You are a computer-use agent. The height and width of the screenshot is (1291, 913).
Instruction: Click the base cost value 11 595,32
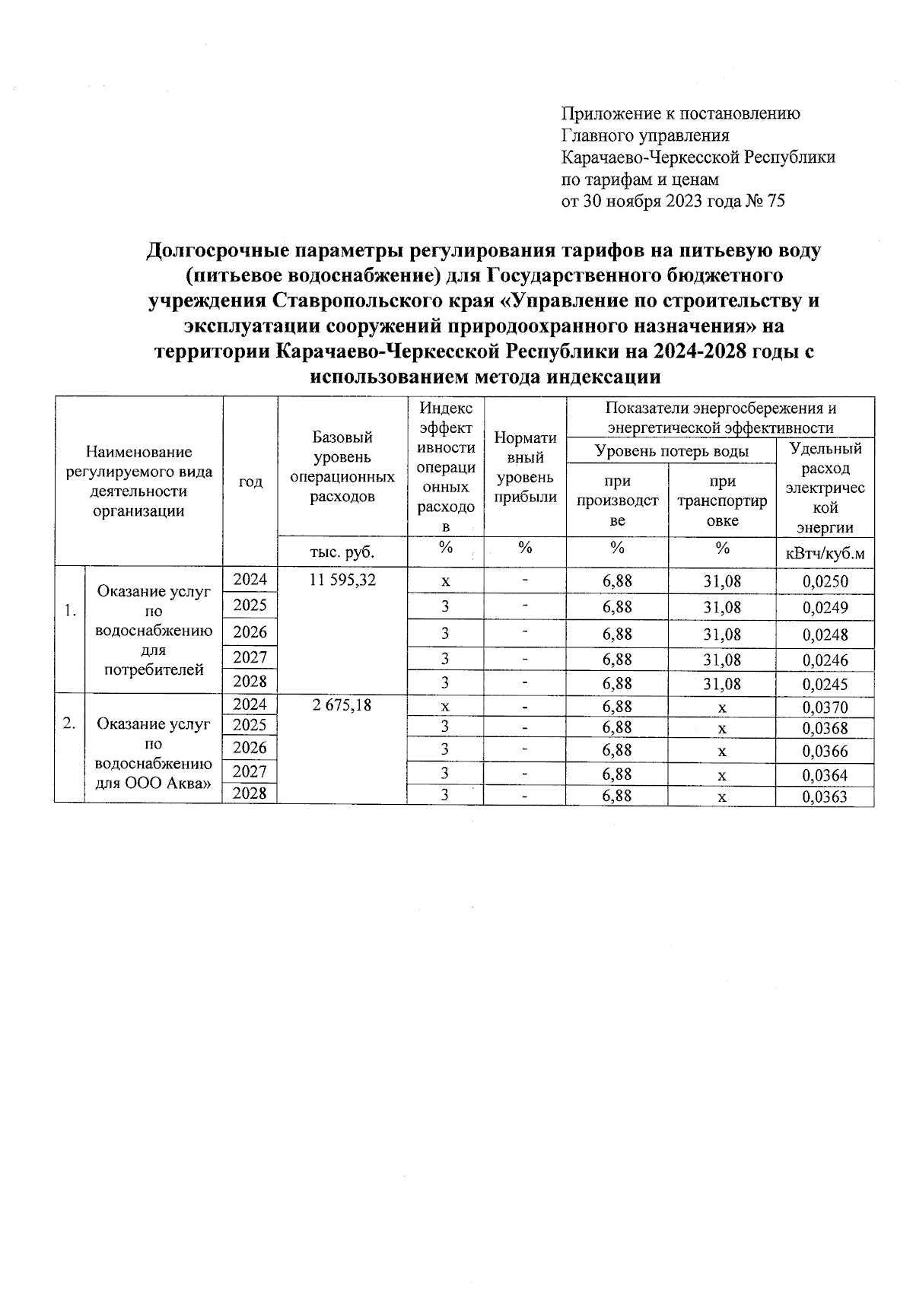(x=342, y=580)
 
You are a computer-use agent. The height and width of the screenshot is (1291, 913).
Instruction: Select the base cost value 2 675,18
(x=342, y=705)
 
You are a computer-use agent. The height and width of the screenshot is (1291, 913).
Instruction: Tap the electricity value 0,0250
(x=825, y=582)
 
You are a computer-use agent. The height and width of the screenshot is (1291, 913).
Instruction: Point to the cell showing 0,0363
(x=825, y=797)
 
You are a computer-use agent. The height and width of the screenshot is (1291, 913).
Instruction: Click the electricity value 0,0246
(x=825, y=660)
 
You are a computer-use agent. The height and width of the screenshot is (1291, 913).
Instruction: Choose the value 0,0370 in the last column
(x=825, y=708)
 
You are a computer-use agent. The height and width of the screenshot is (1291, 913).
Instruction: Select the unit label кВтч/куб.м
(x=825, y=553)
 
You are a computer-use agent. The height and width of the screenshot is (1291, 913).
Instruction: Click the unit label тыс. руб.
(x=342, y=551)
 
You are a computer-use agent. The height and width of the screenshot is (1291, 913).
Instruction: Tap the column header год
(x=250, y=482)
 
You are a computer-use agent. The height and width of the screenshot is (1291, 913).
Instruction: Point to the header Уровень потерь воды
(x=671, y=452)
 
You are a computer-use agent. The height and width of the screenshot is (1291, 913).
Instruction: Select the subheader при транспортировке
(x=722, y=501)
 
